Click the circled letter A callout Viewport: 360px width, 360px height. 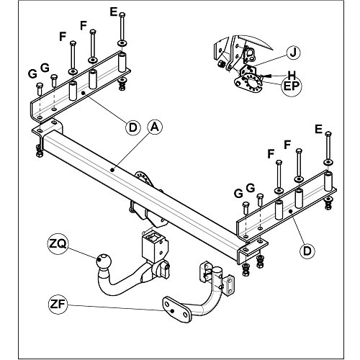(155, 127)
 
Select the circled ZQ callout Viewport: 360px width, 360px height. (58, 244)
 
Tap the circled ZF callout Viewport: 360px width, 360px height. (58, 304)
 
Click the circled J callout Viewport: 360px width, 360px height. (293, 53)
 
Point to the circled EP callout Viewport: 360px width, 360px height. (292, 86)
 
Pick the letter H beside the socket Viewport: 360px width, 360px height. (292, 76)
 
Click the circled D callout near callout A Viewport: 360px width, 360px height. (132, 127)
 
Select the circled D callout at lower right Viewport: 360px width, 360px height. (307, 251)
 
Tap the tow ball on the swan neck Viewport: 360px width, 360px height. (104, 261)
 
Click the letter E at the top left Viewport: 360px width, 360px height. (113, 12)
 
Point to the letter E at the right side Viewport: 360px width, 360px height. (318, 130)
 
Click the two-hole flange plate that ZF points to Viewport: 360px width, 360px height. (177, 310)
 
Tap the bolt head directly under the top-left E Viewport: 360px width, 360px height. (122, 14)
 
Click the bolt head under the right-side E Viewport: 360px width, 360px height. (328, 134)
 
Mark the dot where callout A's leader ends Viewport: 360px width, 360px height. (112, 170)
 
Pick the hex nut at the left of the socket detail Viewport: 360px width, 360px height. (220, 64)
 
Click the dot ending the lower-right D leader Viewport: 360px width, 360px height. (290, 211)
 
